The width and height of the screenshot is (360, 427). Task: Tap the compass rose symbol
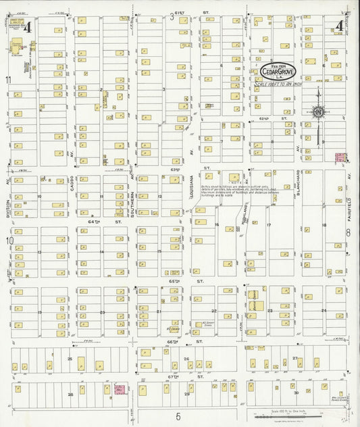[317, 112]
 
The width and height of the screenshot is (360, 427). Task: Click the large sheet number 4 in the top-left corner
[28, 27]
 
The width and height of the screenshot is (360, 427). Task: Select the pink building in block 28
[120, 389]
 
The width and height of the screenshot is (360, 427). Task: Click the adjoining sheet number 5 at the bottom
[179, 417]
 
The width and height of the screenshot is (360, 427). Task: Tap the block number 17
[268, 225]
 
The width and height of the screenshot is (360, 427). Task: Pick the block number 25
[70, 359]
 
